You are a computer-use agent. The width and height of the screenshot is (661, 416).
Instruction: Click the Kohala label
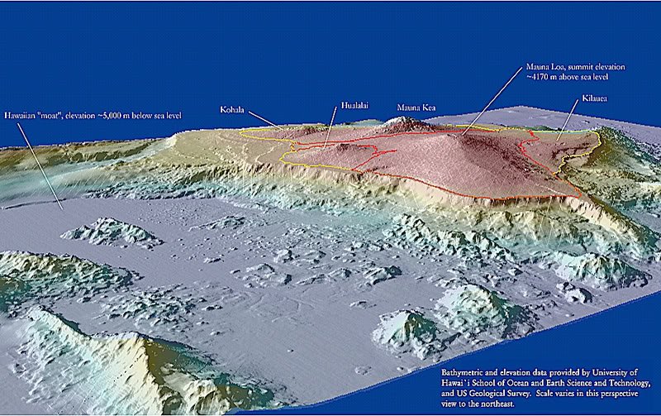coord(233,108)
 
